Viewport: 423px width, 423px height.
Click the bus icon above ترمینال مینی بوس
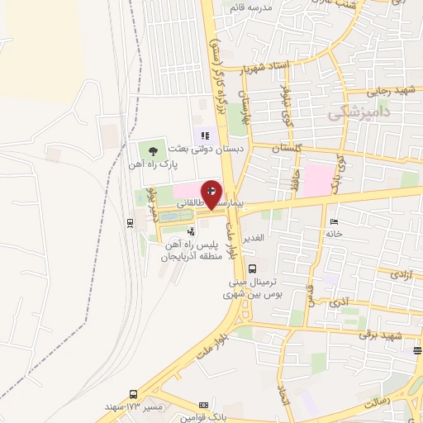(252, 268)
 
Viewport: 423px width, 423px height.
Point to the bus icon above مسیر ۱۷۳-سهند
(133, 395)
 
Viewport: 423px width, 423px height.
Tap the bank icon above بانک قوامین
(204, 405)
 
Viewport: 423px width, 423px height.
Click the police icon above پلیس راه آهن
(192, 232)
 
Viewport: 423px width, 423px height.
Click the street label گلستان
(283, 148)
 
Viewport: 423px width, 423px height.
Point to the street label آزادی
(399, 273)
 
